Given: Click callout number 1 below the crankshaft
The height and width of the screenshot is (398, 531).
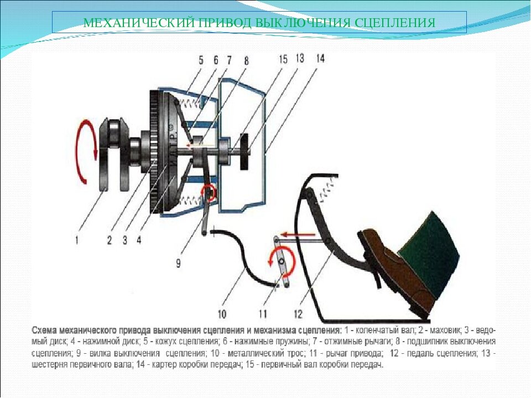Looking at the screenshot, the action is point(77,240).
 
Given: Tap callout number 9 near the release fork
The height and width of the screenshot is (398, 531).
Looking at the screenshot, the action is point(179,263).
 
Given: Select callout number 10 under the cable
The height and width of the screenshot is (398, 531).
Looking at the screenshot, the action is point(222,315).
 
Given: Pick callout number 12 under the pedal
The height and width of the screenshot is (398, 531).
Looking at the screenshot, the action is point(298,315).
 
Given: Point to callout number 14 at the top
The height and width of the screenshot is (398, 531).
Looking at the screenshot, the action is point(320,59).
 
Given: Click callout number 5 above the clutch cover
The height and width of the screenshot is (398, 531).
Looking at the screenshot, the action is point(201,61).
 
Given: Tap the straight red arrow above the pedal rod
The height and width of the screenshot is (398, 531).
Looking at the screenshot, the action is point(298,234).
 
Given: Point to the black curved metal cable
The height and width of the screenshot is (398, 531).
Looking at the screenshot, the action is point(244,257).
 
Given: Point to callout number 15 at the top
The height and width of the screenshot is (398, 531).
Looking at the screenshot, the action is point(283,59).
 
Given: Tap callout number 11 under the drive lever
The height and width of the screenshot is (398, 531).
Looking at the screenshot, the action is point(263,315).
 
